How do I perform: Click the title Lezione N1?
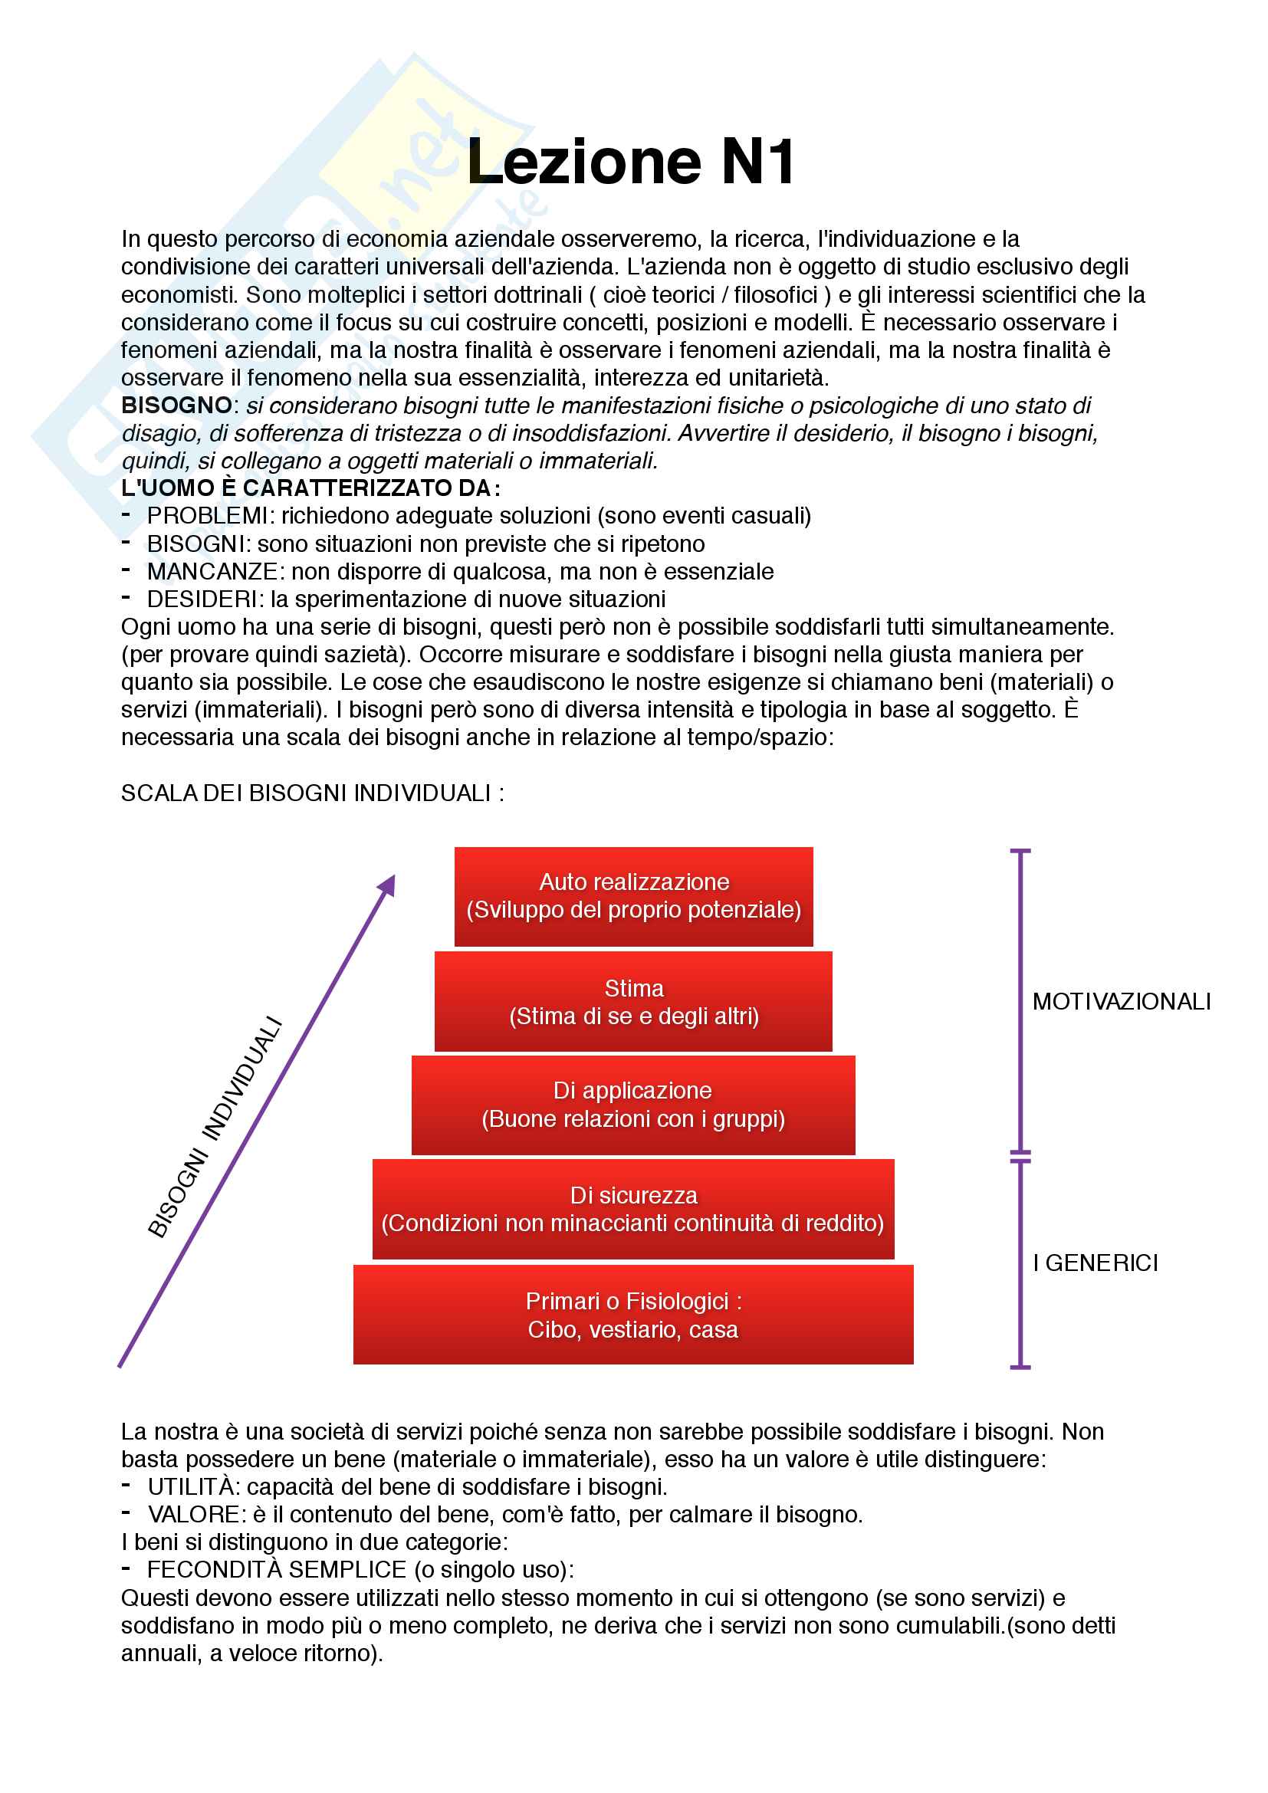(x=631, y=163)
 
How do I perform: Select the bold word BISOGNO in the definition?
(x=176, y=406)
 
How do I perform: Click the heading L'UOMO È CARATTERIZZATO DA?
(x=310, y=488)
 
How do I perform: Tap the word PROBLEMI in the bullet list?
(x=207, y=516)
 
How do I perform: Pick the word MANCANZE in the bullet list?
(x=212, y=572)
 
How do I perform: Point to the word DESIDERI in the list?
(x=202, y=599)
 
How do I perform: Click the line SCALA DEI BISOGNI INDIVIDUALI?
(x=311, y=793)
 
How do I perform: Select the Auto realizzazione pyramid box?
(x=633, y=897)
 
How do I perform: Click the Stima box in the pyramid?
(x=633, y=1002)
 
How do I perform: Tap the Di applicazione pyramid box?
(x=633, y=1105)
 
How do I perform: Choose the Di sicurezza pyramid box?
(x=633, y=1209)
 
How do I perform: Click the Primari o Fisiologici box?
(x=633, y=1315)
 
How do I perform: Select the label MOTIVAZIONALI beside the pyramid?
(x=1122, y=1002)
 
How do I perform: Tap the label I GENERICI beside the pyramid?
(x=1095, y=1263)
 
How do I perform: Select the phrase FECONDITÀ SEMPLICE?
(x=277, y=1570)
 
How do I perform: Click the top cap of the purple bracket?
(x=1020, y=850)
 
